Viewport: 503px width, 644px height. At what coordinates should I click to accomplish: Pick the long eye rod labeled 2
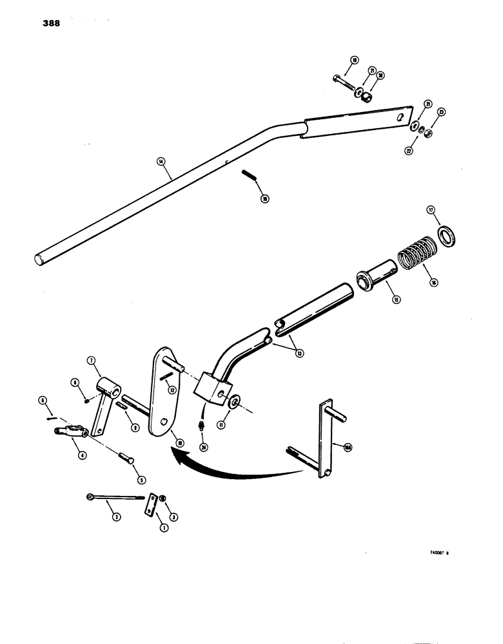point(116,498)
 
